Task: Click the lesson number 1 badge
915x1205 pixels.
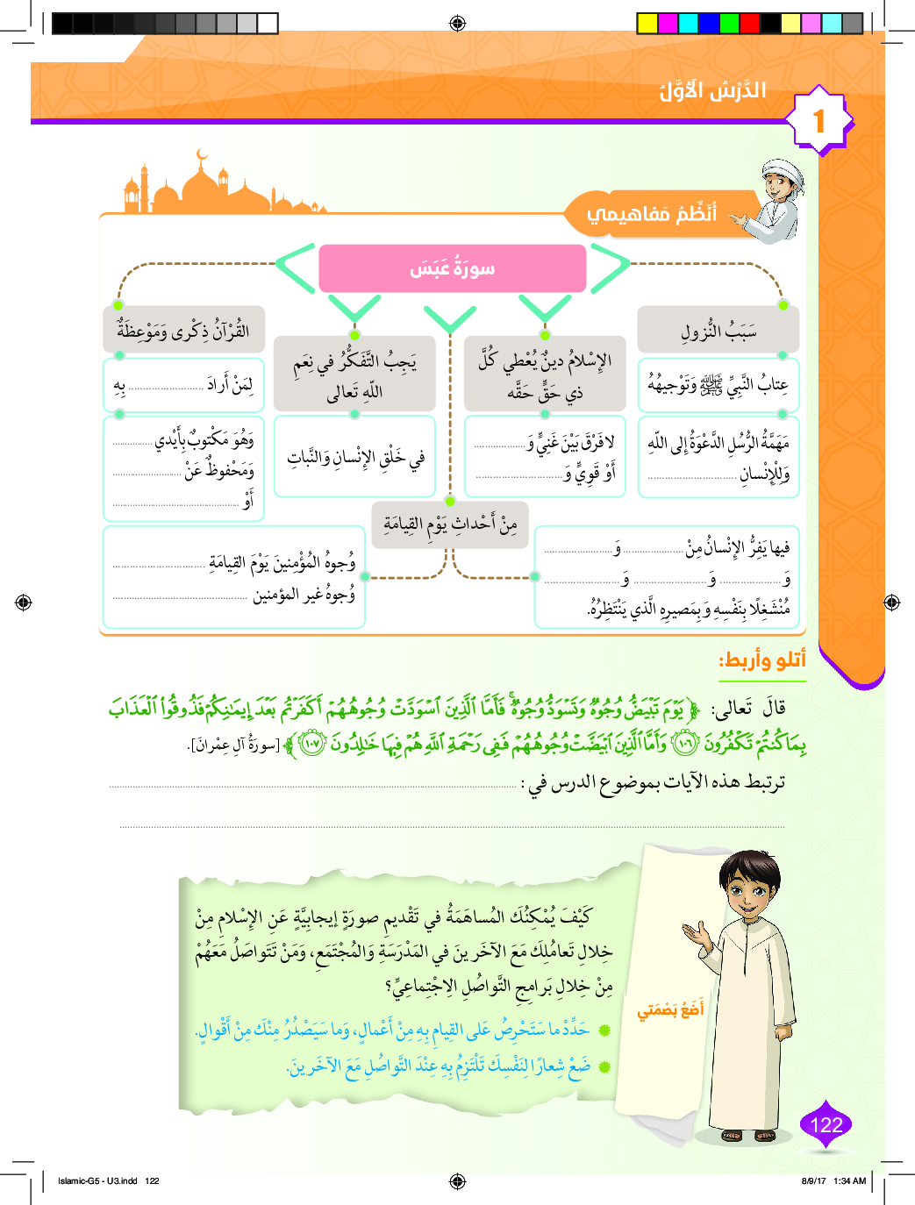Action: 819,120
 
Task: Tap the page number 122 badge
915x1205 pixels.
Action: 826,1125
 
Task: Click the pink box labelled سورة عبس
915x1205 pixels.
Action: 452,268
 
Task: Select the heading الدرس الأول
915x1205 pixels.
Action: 712,90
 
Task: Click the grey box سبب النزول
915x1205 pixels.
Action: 718,331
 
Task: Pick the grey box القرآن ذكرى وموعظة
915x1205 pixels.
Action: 183,330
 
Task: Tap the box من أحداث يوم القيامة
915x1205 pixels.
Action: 450,524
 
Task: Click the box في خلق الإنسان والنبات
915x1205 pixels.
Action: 355,457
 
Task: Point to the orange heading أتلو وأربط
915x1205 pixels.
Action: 761,660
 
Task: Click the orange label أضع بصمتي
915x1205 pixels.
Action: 670,1010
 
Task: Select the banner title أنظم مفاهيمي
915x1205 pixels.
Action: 652,213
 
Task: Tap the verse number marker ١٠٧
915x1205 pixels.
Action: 311,745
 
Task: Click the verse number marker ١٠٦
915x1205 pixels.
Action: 685,745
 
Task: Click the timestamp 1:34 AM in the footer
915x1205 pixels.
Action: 849,1180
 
